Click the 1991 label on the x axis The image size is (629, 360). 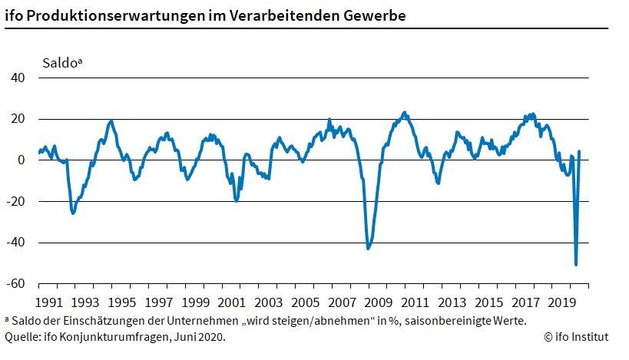[49, 302]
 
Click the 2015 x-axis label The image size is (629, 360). [490, 302]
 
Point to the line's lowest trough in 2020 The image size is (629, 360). [576, 265]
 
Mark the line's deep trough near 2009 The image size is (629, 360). [368, 248]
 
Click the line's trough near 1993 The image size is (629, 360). [74, 213]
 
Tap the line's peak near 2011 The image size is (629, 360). [406, 113]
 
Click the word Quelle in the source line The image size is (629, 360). [20, 336]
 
